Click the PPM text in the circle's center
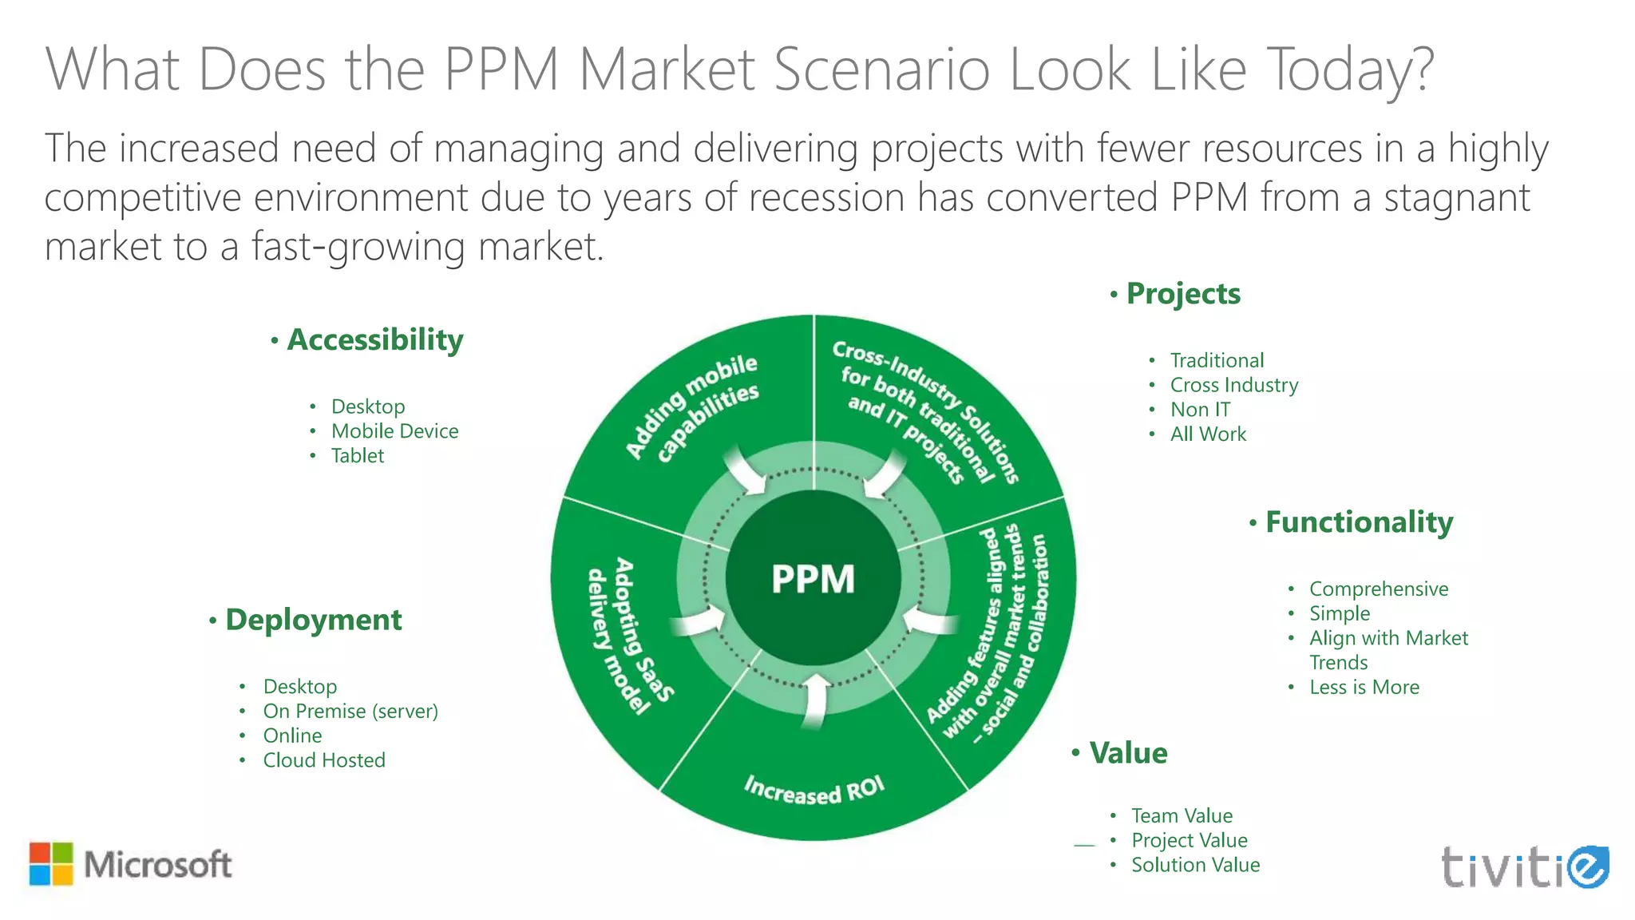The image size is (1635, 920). point(813,579)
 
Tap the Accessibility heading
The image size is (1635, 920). point(374,340)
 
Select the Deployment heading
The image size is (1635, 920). point(313,620)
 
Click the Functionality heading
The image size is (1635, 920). point(1359,522)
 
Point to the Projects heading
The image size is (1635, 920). point(1183,294)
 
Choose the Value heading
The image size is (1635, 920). point(1128,753)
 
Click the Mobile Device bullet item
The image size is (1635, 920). point(394,431)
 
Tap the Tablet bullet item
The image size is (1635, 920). point(358,456)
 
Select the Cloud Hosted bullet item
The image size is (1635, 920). point(324,760)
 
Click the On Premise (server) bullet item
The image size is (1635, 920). point(350,711)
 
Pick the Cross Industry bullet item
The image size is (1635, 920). point(1233,385)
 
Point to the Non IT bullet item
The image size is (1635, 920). point(1200,410)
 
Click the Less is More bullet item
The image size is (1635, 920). point(1364,688)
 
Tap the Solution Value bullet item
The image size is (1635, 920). point(1195,865)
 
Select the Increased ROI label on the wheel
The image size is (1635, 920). point(814,790)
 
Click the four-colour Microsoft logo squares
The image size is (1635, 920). point(51,864)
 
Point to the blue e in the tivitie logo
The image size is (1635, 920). point(1586,866)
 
